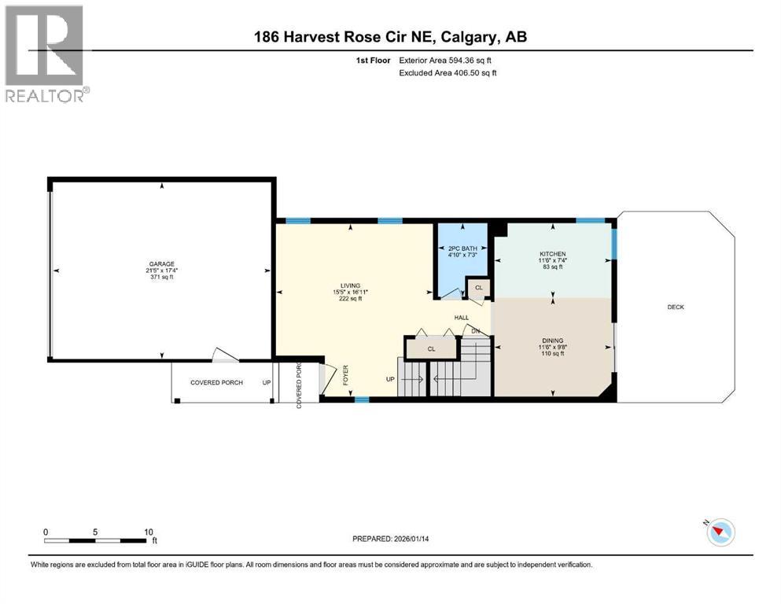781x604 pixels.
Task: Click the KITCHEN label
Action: (552, 253)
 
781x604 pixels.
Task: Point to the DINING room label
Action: (552, 341)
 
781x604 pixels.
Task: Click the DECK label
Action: (675, 307)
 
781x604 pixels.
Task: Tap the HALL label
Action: (462, 318)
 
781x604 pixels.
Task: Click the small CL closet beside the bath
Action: (478, 288)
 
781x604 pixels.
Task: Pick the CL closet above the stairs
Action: (431, 348)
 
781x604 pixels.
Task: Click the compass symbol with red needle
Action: (720, 532)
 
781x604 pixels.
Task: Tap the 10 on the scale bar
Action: (149, 532)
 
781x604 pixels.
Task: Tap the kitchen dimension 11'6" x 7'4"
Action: (552, 260)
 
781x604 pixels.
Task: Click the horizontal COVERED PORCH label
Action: (216, 383)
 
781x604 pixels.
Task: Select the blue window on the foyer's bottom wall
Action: (361, 400)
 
